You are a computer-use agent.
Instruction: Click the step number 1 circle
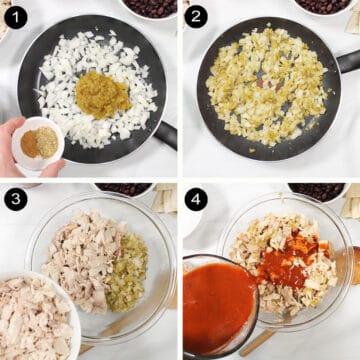coord(15,16)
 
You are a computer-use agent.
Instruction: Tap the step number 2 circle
coord(196,16)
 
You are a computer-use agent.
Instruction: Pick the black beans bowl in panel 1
coord(150,7)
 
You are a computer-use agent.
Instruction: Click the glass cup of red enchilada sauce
coord(217,305)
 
